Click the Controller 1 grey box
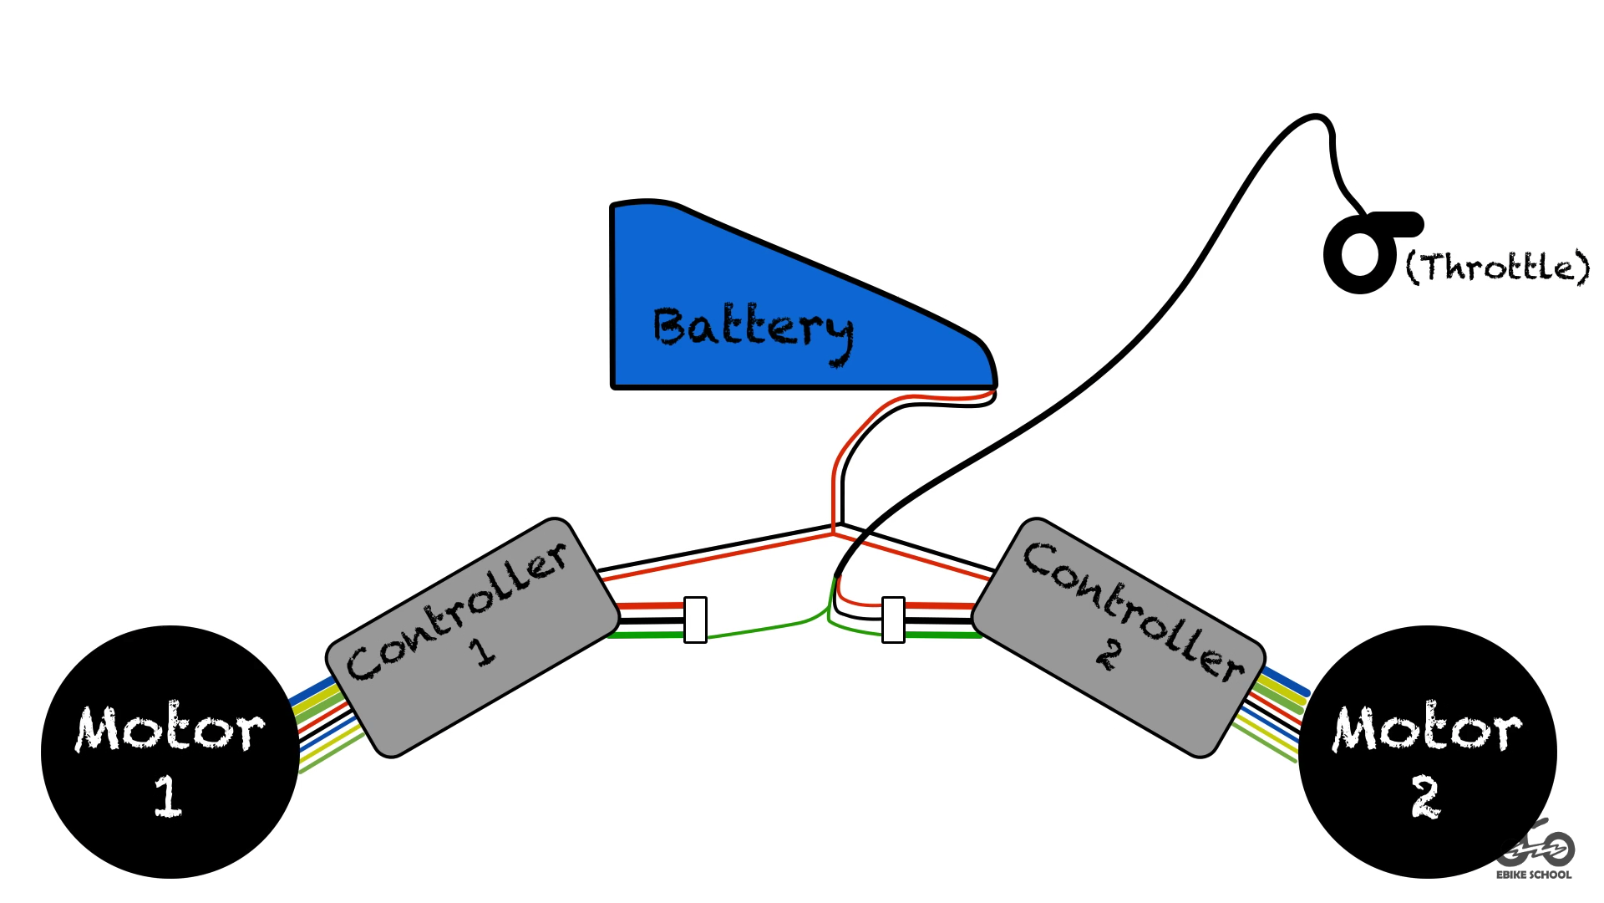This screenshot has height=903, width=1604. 473,637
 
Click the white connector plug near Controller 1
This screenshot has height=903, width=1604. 695,620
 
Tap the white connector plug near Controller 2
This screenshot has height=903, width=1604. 893,620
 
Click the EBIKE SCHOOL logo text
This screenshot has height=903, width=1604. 1533,875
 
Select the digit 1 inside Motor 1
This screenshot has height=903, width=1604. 168,795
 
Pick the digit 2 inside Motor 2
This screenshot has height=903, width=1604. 1426,797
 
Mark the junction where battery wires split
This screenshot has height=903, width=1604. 835,529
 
